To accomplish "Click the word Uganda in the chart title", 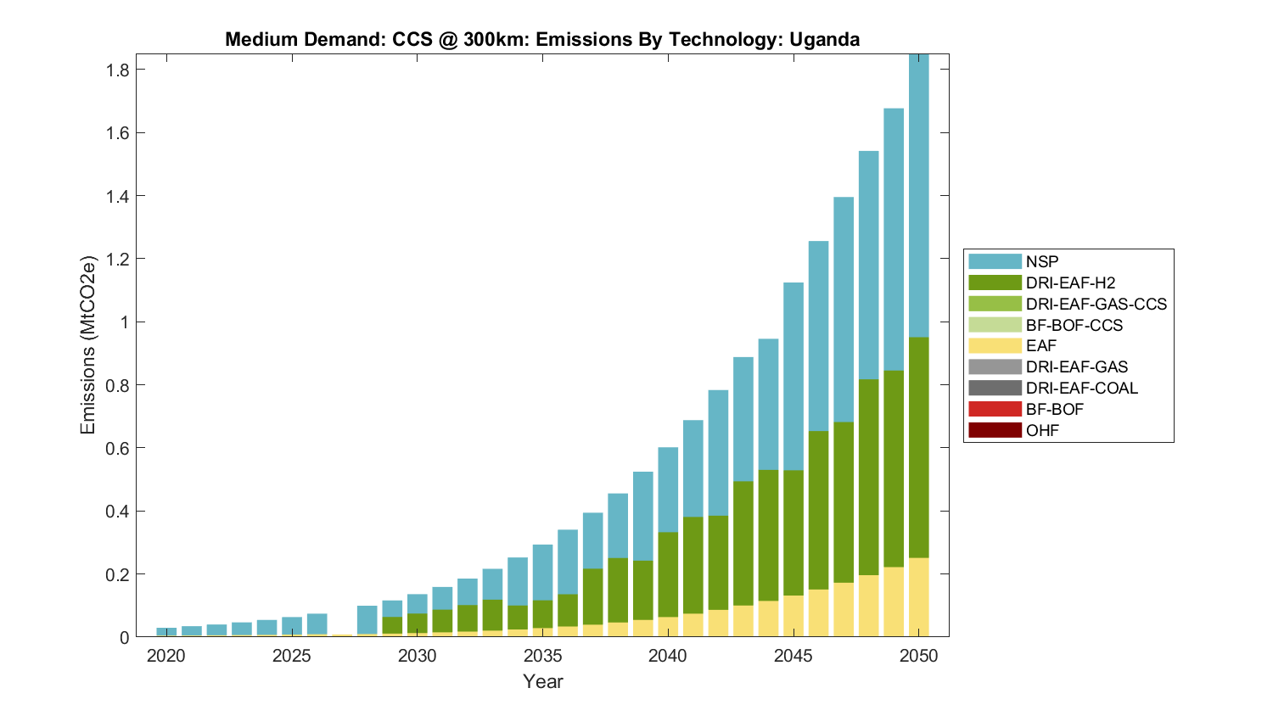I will [824, 39].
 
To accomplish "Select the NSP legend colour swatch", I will [995, 262].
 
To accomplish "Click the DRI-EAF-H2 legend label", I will [1069, 283].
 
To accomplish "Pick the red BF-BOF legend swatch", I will [995, 410].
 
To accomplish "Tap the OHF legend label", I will [1042, 431].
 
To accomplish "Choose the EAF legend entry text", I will [1041, 346].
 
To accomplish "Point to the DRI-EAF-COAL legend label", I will [1081, 389].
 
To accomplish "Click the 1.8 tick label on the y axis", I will [117, 70].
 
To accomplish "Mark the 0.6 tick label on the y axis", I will [117, 448].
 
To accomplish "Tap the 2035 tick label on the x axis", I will [542, 656].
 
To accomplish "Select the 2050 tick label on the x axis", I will [919, 656].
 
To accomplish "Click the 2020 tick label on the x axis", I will [166, 656].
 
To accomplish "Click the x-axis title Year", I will [542, 681].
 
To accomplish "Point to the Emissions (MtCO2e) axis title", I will [88, 344].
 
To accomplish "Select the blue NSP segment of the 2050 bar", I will [919, 195].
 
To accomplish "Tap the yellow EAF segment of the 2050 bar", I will [919, 597].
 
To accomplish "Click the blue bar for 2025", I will [292, 626].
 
